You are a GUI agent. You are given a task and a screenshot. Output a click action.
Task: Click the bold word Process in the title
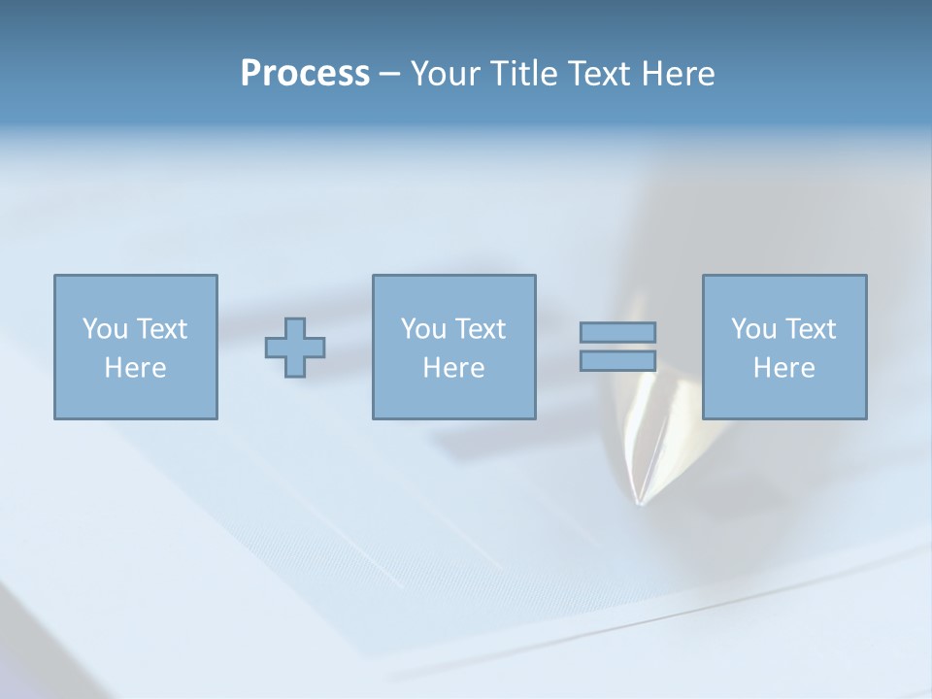pyautogui.click(x=305, y=74)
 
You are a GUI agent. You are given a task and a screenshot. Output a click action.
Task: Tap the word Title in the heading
pyautogui.click(x=522, y=74)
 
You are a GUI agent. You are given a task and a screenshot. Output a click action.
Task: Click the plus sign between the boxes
pyautogui.click(x=295, y=348)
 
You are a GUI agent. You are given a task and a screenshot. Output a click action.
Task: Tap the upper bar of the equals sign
pyautogui.click(x=617, y=332)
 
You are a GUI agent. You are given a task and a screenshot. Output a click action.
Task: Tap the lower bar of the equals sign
pyautogui.click(x=617, y=361)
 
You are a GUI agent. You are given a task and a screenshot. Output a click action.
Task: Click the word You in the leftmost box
pyautogui.click(x=105, y=329)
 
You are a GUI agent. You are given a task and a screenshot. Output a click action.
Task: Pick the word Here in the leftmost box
pyautogui.click(x=135, y=368)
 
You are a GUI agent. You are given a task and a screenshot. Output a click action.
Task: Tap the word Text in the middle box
pyautogui.click(x=481, y=329)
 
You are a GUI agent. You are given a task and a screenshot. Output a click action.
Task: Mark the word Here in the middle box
pyautogui.click(x=453, y=368)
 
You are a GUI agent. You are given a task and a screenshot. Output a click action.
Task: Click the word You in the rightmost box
pyautogui.click(x=753, y=329)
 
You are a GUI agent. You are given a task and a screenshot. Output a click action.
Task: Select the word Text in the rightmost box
pyautogui.click(x=811, y=329)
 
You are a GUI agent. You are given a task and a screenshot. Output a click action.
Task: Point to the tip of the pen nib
pyautogui.click(x=638, y=503)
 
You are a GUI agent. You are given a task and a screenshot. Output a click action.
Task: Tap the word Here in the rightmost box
pyautogui.click(x=783, y=368)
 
